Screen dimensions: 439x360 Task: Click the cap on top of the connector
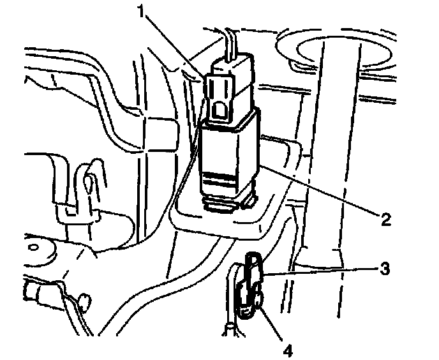[x=232, y=63]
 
